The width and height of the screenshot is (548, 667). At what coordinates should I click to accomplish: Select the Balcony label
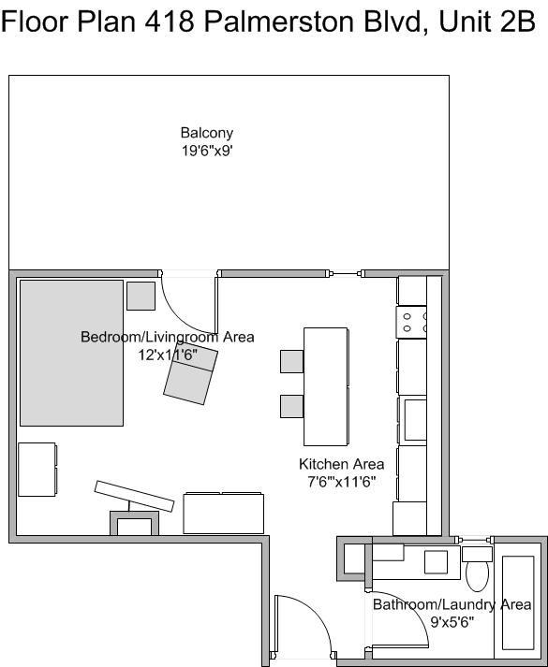206,133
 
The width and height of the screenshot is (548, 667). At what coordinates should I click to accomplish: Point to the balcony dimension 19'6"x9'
206,150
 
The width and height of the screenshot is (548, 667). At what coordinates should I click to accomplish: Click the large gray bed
71,352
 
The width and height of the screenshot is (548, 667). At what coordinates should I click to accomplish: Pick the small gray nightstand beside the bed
141,296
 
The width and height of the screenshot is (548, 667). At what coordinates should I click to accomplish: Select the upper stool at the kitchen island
291,361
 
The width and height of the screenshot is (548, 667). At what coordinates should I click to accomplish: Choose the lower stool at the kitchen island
291,406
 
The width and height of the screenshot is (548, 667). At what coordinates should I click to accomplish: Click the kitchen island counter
326,386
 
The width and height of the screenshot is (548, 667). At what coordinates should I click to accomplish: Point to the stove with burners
412,323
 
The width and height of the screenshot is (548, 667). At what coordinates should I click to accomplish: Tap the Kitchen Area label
341,464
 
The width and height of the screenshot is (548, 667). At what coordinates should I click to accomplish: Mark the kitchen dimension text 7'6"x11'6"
341,482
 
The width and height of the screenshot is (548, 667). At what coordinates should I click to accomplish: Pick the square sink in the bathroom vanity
436,561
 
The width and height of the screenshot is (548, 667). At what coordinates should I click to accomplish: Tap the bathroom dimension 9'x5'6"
452,621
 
